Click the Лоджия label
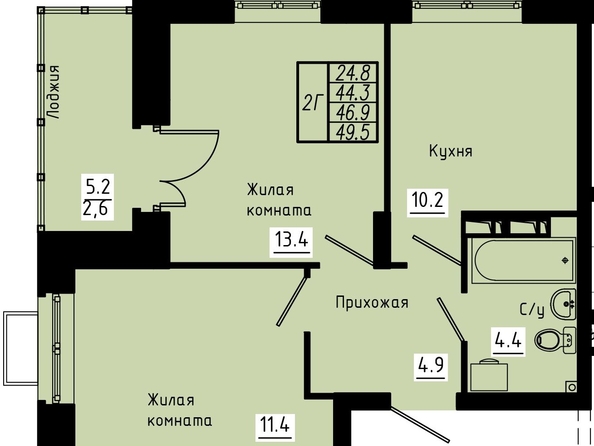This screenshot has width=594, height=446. tap(55, 92)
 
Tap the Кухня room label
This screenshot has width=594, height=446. tap(451, 151)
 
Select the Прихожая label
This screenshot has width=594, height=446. tap(372, 302)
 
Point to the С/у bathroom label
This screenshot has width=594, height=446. tap(532, 310)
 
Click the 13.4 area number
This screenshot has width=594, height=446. tap(291, 239)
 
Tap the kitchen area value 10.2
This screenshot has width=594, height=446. tap(427, 200)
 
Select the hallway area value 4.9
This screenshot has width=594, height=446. tap(430, 365)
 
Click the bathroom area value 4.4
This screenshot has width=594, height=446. tap(509, 340)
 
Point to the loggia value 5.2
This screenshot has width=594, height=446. tap(98, 187)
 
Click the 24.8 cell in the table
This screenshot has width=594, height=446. tap(353, 73)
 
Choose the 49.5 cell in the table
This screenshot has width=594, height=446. tap(353, 133)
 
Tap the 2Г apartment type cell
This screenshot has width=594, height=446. tap(313, 102)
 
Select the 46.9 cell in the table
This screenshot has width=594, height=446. tap(353, 113)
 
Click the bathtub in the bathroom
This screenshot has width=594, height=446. tap(522, 260)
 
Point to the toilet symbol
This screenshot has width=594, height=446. tap(555, 340)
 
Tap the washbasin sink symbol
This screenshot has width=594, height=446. tap(563, 304)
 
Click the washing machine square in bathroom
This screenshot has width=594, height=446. tap(489, 376)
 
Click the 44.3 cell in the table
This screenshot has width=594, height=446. tap(353, 92)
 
